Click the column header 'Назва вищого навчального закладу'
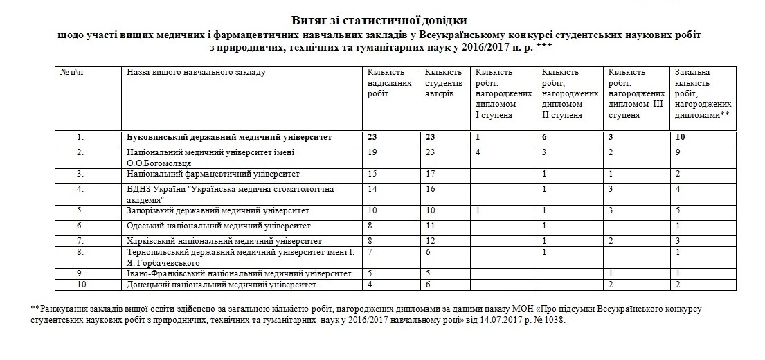click(x=196, y=72)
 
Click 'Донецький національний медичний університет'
click(x=222, y=285)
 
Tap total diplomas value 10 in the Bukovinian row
click(x=680, y=137)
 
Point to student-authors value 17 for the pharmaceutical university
click(x=430, y=173)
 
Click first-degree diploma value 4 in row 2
click(x=477, y=152)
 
